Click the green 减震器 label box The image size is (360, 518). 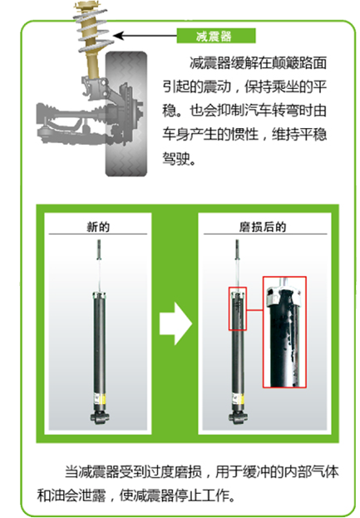(x=216, y=36)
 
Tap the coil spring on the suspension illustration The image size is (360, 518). (x=93, y=31)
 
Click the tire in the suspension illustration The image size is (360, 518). (x=126, y=114)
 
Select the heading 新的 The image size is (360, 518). (x=98, y=227)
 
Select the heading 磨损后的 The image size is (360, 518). (x=263, y=227)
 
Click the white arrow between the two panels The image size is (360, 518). (x=175, y=323)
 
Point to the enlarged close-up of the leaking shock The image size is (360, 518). (x=284, y=332)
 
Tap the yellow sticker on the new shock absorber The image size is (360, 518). (x=102, y=399)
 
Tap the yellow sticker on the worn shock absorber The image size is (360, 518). (x=241, y=399)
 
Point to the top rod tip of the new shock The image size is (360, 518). (x=99, y=241)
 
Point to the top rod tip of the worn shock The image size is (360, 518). (x=237, y=241)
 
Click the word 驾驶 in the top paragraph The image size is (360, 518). (x=175, y=158)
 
